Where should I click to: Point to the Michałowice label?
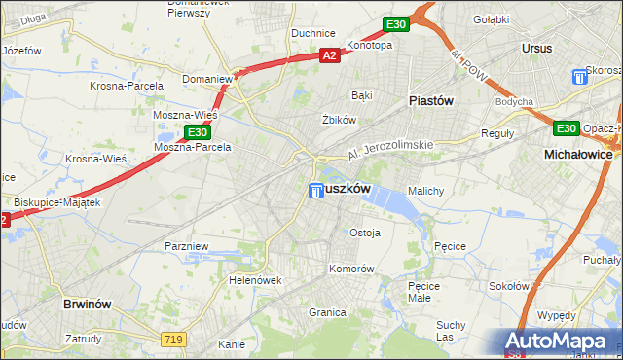578,155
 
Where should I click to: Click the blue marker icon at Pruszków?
316,192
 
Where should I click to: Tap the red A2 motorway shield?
330,56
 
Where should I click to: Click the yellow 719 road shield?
173,337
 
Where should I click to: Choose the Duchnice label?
313,33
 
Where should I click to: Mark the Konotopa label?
369,45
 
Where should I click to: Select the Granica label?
328,312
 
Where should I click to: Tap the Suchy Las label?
451,330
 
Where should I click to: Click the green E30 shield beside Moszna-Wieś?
197,131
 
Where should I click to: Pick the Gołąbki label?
491,19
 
